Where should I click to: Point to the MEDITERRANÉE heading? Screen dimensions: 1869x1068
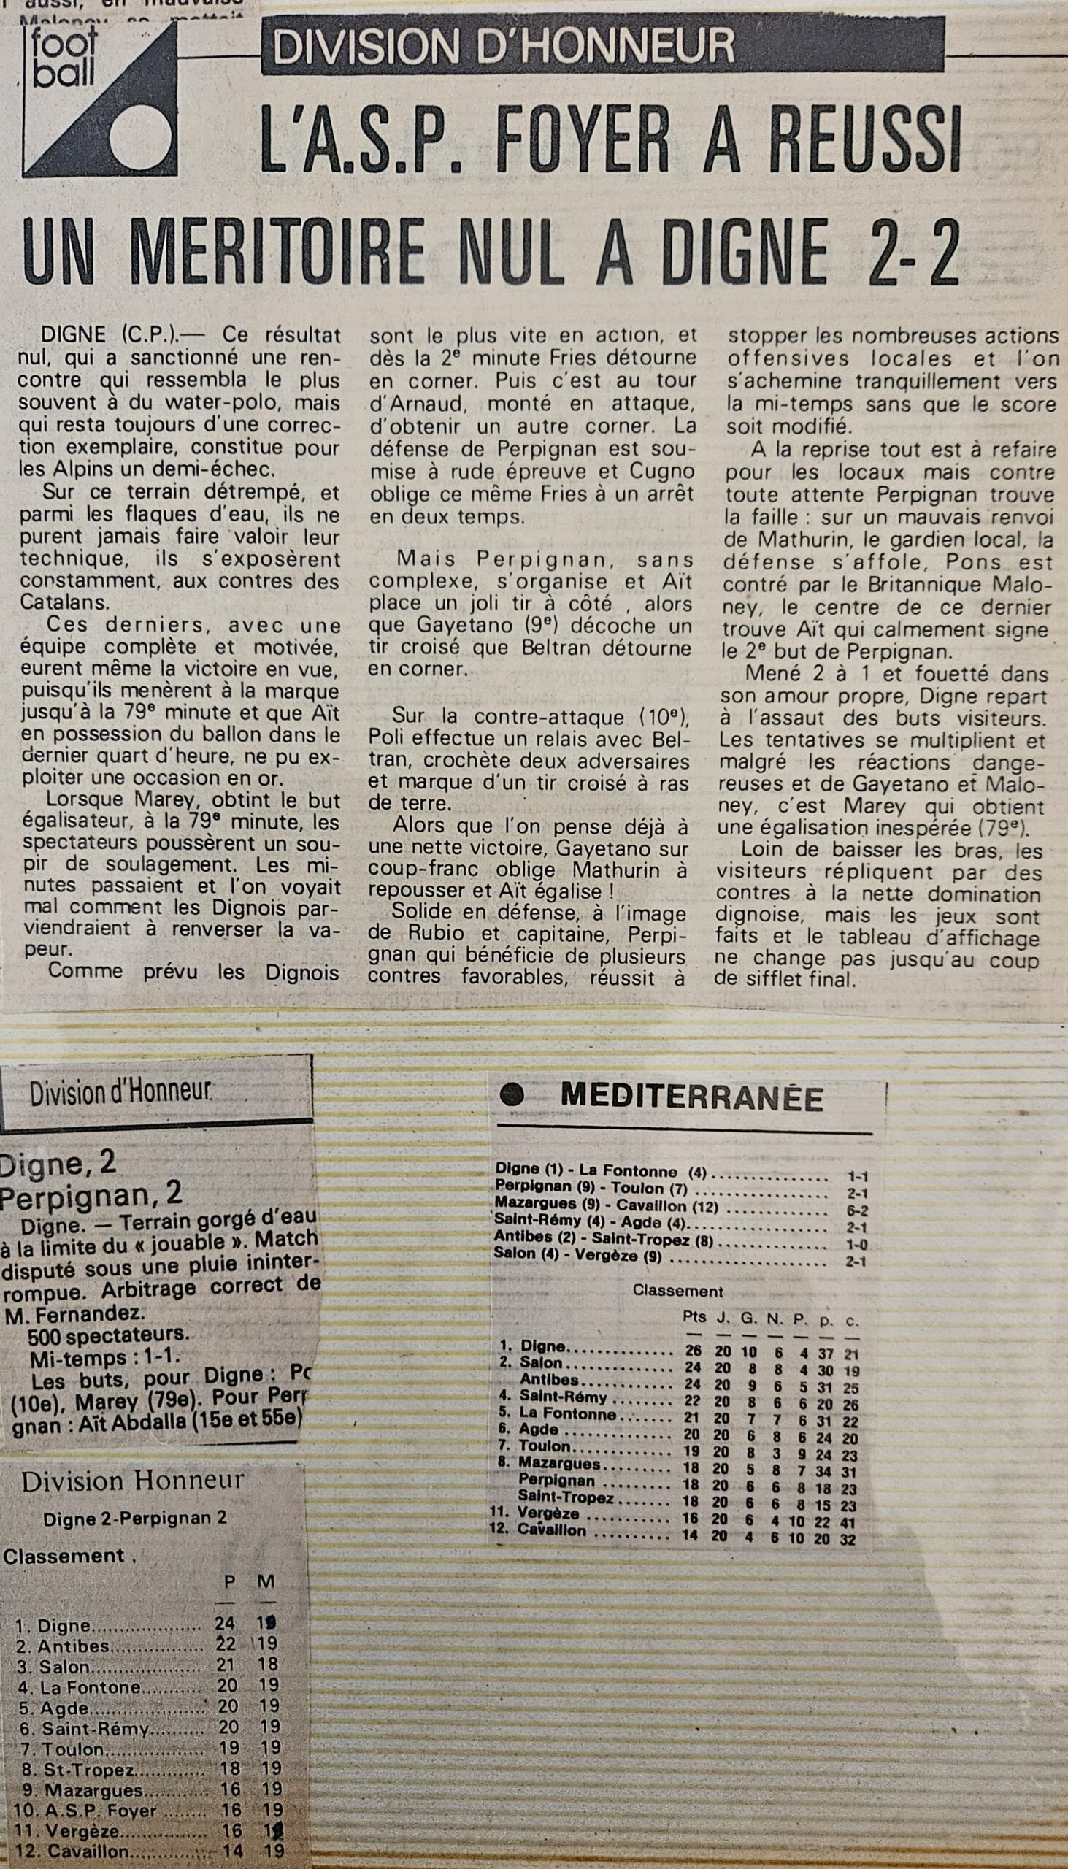tap(691, 1098)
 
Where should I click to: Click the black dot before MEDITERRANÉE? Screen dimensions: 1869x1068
tap(512, 1096)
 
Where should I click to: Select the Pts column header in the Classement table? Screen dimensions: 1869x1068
tap(694, 1316)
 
